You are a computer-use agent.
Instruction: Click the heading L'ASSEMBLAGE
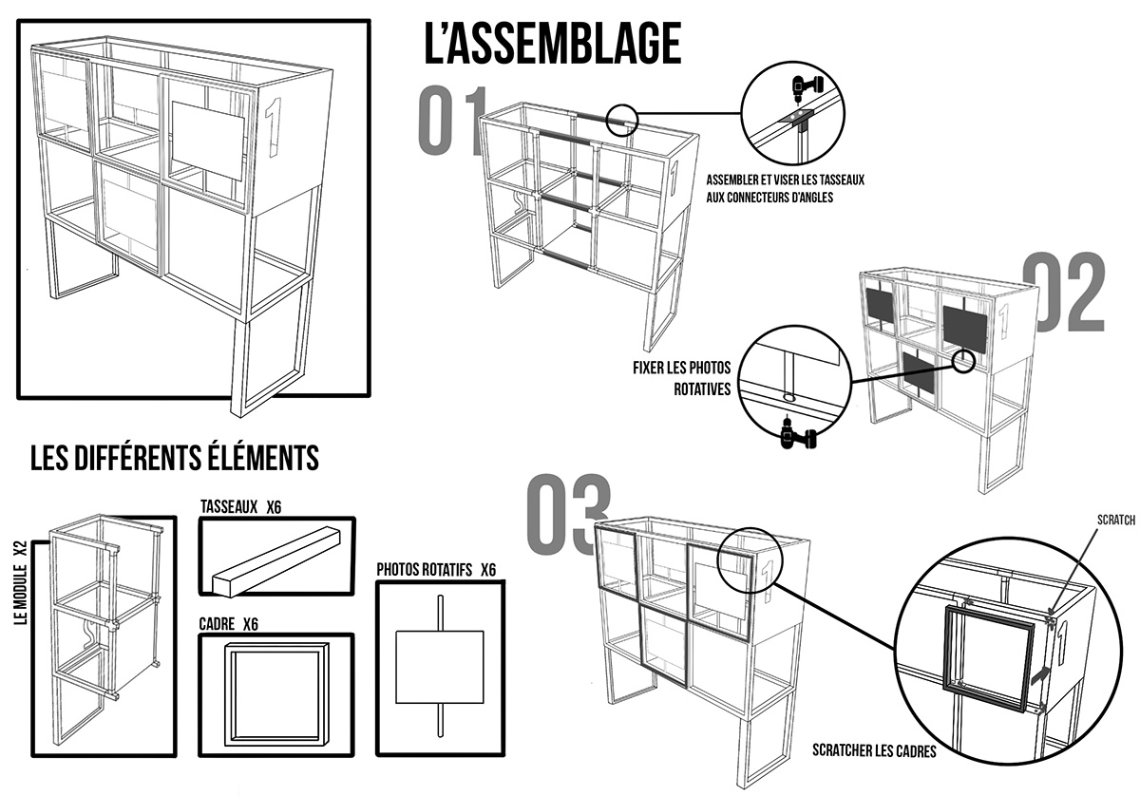(553, 44)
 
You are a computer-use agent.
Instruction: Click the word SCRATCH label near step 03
(1116, 520)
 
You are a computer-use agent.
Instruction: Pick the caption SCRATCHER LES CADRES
(874, 750)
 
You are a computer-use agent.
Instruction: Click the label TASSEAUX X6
(240, 507)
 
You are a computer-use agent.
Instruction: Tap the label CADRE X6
(229, 624)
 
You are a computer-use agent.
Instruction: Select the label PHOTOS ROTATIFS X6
(436, 570)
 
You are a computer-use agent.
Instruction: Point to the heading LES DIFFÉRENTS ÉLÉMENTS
(175, 458)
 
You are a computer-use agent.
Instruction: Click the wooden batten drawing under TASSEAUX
(276, 560)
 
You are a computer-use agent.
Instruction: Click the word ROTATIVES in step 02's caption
(702, 389)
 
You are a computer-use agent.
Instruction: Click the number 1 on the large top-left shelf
(275, 126)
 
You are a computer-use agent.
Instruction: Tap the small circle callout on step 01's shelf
(622, 120)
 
